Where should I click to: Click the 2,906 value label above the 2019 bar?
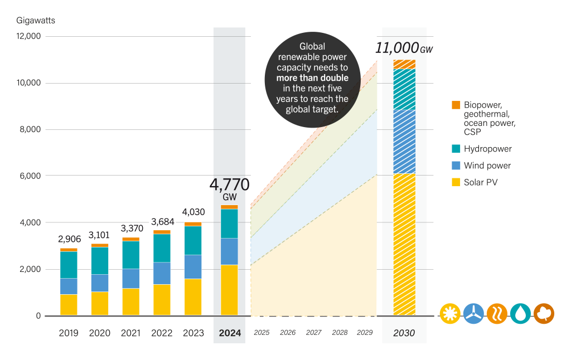[69, 239]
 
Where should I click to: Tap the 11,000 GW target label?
[404, 48]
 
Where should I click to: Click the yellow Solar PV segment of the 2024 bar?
[229, 290]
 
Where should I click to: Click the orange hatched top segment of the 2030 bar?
[404, 64]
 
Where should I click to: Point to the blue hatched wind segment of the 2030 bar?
[404, 142]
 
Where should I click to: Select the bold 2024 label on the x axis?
[230, 333]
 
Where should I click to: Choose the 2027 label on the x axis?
[313, 333]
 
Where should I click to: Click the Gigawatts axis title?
[36, 21]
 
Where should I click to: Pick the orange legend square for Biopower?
[456, 104]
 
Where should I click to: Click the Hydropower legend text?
[487, 149]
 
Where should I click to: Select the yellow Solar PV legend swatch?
[456, 182]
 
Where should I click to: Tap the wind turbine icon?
[473, 313]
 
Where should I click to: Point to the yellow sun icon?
[449, 313]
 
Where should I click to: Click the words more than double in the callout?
[312, 77]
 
